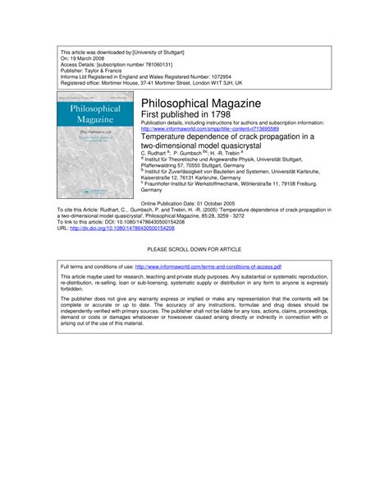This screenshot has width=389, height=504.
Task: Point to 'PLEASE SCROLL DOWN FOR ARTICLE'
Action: pos(194,247)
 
